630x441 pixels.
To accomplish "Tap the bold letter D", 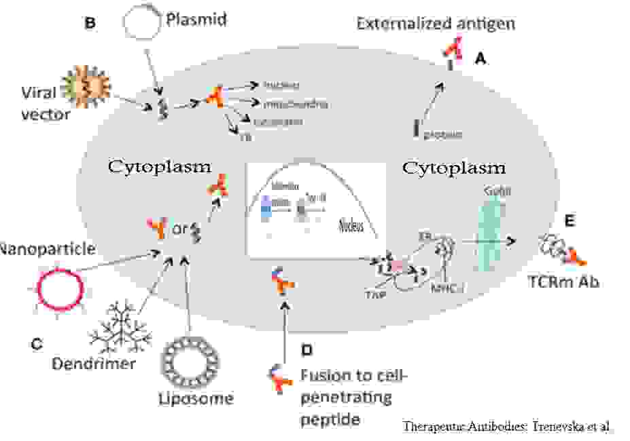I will point(307,351).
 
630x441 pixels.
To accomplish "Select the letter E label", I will point(570,221).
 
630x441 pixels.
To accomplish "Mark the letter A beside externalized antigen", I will point(480,60).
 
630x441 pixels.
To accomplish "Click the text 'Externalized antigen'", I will point(436,24).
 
